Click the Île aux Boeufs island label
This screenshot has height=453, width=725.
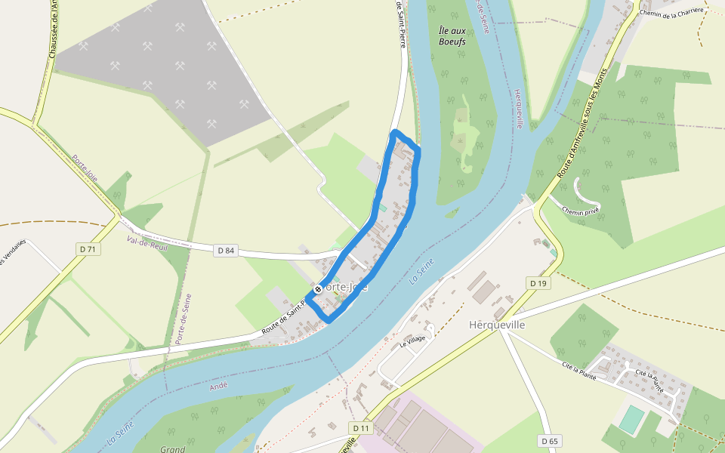[452, 35]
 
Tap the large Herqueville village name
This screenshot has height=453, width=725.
[497, 325]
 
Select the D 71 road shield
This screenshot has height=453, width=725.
[88, 248]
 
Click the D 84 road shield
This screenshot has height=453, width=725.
[226, 250]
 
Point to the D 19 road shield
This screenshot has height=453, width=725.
[537, 283]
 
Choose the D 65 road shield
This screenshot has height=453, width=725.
[550, 440]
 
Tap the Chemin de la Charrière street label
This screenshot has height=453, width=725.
[671, 11]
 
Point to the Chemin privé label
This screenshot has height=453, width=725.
[581, 211]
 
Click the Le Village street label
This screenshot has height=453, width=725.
[413, 341]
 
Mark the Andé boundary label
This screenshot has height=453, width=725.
[218, 387]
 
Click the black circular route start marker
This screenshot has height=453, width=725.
[317, 288]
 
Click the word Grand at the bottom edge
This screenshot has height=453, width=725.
[172, 448]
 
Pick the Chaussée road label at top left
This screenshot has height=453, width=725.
[53, 34]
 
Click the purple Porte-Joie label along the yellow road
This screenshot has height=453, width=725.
[85, 168]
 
